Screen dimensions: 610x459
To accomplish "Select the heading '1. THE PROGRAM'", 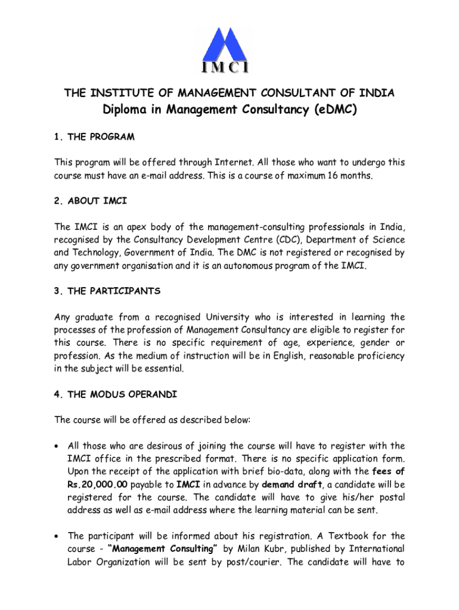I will point(94,137).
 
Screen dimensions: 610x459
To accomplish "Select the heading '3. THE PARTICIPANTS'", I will point(107,291).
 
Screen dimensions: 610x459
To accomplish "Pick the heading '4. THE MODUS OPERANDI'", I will point(115,394).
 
